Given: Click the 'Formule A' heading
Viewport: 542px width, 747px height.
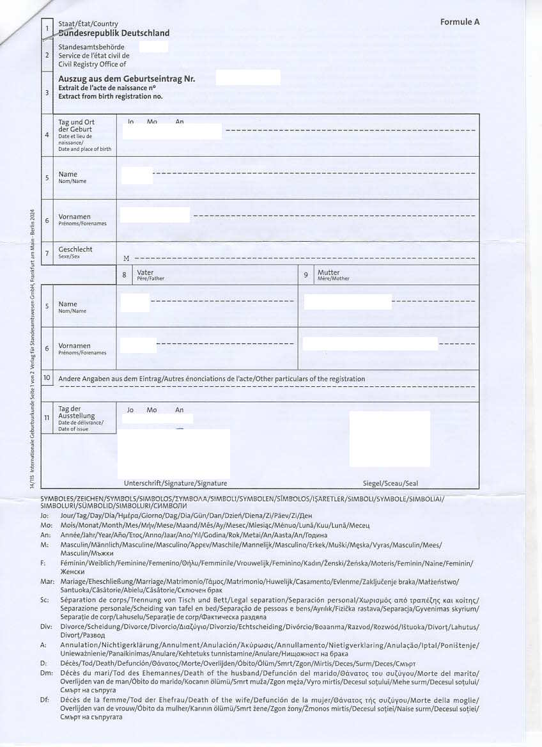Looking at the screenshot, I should pyautogui.click(x=460, y=22).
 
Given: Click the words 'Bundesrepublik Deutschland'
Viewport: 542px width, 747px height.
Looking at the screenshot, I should pyautogui.click(x=114, y=33).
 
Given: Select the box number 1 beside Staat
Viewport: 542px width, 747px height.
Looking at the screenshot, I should pyautogui.click(x=47, y=28).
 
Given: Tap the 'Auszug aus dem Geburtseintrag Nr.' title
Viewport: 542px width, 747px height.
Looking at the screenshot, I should pyautogui.click(x=127, y=79).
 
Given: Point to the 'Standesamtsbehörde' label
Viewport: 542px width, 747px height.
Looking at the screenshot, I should pyautogui.click(x=91, y=47).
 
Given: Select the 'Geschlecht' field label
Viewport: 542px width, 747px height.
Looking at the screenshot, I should pyautogui.click(x=75, y=249).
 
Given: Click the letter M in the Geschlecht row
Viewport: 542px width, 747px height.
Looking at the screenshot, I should pyautogui.click(x=126, y=258).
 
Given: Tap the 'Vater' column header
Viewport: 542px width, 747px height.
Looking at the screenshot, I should pyautogui.click(x=145, y=272).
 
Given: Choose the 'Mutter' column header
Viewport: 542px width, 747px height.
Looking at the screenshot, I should pyautogui.click(x=329, y=272).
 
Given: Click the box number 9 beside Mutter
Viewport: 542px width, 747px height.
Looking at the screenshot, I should pyautogui.click(x=306, y=275).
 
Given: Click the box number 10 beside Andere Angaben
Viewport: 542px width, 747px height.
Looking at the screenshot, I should pyautogui.click(x=47, y=378).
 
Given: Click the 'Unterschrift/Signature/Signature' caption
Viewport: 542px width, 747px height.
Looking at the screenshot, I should pyautogui.click(x=175, y=484).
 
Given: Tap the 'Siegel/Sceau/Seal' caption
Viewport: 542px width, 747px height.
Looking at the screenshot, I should pyautogui.click(x=390, y=484).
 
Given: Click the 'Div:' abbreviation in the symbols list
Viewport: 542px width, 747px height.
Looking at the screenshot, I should pyautogui.click(x=45, y=626).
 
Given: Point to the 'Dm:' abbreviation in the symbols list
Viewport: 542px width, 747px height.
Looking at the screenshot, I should pyautogui.click(x=46, y=673).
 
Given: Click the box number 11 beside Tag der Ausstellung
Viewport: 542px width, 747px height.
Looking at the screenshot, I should pyautogui.click(x=47, y=418).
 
